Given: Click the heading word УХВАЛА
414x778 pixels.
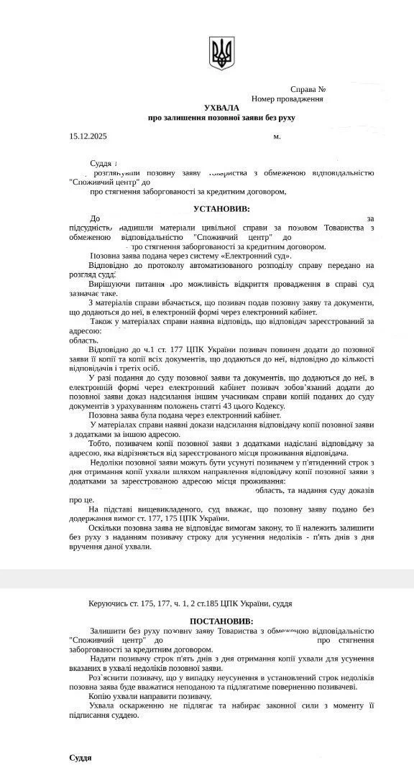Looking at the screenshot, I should point(221,107).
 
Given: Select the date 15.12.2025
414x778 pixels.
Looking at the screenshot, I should point(88,135).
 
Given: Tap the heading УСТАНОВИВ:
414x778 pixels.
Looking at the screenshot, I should point(221,208).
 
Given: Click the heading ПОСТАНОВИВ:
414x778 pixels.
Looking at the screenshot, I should point(221,621).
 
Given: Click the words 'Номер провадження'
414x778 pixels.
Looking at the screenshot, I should point(287,98).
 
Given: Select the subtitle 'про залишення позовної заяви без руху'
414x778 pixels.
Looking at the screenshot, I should point(221,117).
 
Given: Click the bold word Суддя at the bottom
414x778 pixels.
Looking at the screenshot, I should point(80,757).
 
